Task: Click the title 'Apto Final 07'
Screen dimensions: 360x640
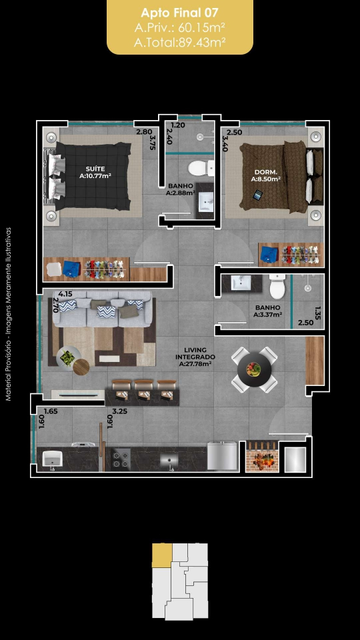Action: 179,13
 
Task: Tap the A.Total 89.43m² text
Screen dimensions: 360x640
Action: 180,42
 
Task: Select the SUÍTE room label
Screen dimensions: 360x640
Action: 95,169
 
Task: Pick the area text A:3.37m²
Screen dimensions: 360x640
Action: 267,314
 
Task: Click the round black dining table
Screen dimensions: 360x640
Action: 254,370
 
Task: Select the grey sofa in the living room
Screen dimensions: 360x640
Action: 101,309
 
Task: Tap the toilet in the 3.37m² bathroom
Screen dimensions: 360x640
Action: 277,286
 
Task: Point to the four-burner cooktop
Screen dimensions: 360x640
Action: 121,459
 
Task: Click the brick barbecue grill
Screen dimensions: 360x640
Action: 262,456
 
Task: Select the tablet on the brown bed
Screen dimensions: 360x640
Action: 257,195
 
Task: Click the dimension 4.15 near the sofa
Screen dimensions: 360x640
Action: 65,293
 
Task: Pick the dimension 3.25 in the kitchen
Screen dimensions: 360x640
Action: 120,411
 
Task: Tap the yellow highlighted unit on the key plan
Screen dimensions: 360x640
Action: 162,555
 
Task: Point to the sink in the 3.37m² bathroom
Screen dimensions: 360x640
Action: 241,283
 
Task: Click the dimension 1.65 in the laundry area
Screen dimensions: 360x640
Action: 51,411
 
